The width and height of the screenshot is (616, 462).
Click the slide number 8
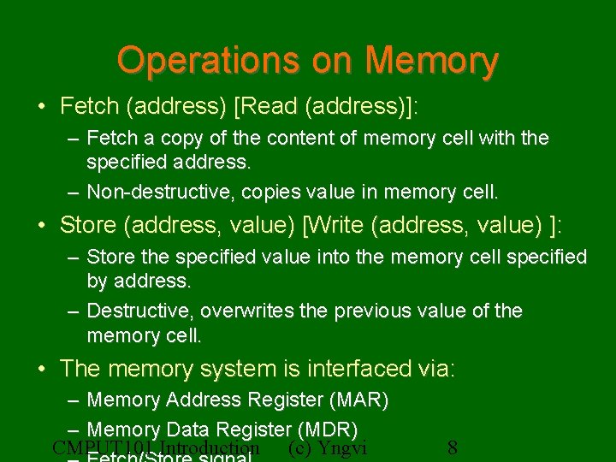pyautogui.click(x=453, y=448)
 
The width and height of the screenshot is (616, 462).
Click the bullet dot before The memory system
pyautogui.click(x=42, y=370)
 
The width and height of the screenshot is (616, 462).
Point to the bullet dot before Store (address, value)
pyautogui.click(x=42, y=226)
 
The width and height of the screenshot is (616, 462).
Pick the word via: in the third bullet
pyautogui.click(x=437, y=369)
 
